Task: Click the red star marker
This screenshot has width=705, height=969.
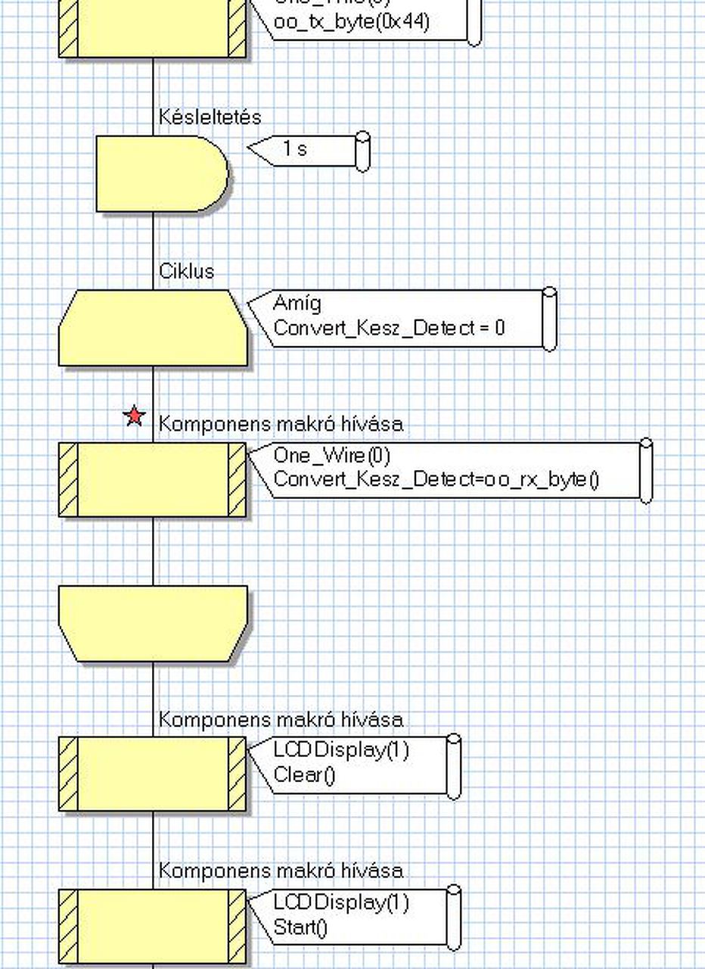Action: click(135, 416)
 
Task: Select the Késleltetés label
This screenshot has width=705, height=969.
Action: click(210, 117)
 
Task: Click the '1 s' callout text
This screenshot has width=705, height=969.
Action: click(295, 149)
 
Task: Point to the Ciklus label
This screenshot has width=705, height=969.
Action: click(186, 271)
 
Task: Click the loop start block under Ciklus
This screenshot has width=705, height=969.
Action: click(153, 329)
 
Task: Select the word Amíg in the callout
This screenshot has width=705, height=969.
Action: click(297, 304)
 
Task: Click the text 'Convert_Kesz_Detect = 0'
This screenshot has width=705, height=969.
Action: click(389, 328)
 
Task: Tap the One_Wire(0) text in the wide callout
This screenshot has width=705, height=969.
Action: click(331, 455)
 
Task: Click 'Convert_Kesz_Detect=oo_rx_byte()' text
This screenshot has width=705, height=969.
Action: click(436, 479)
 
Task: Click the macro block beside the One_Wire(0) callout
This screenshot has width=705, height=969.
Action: click(153, 480)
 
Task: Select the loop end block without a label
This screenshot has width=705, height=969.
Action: click(153, 624)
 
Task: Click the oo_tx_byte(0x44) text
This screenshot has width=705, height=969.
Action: click(350, 22)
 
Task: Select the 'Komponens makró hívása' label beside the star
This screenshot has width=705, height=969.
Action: click(281, 424)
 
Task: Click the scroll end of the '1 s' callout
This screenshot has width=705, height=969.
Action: click(363, 151)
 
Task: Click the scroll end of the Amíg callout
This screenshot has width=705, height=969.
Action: click(550, 319)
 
